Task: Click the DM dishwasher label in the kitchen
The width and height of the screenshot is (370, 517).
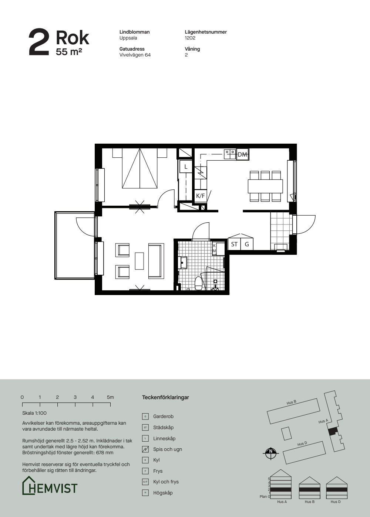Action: (242, 154)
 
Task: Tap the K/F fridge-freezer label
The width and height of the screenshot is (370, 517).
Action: (200, 196)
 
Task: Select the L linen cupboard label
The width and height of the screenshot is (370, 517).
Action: (186, 167)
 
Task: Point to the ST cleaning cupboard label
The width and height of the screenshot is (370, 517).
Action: (234, 244)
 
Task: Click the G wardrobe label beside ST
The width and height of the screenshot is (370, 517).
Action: (247, 244)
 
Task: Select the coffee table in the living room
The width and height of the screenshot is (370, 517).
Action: (139, 261)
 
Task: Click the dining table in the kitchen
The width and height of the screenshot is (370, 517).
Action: (265, 186)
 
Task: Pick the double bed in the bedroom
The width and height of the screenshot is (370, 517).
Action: (140, 168)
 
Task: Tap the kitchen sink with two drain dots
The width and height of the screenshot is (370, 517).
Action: (230, 154)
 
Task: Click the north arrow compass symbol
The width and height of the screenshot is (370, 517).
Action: (271, 453)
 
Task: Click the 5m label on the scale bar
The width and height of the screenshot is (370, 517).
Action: (110, 397)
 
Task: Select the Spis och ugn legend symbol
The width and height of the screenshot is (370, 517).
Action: (145, 449)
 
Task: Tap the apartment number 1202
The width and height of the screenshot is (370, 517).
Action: (190, 38)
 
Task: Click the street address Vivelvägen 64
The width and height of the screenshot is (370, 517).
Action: (135, 55)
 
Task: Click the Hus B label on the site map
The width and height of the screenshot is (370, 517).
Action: (291, 403)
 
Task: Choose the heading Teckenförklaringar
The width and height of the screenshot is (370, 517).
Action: (165, 397)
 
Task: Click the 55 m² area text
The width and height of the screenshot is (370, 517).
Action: (69, 52)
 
